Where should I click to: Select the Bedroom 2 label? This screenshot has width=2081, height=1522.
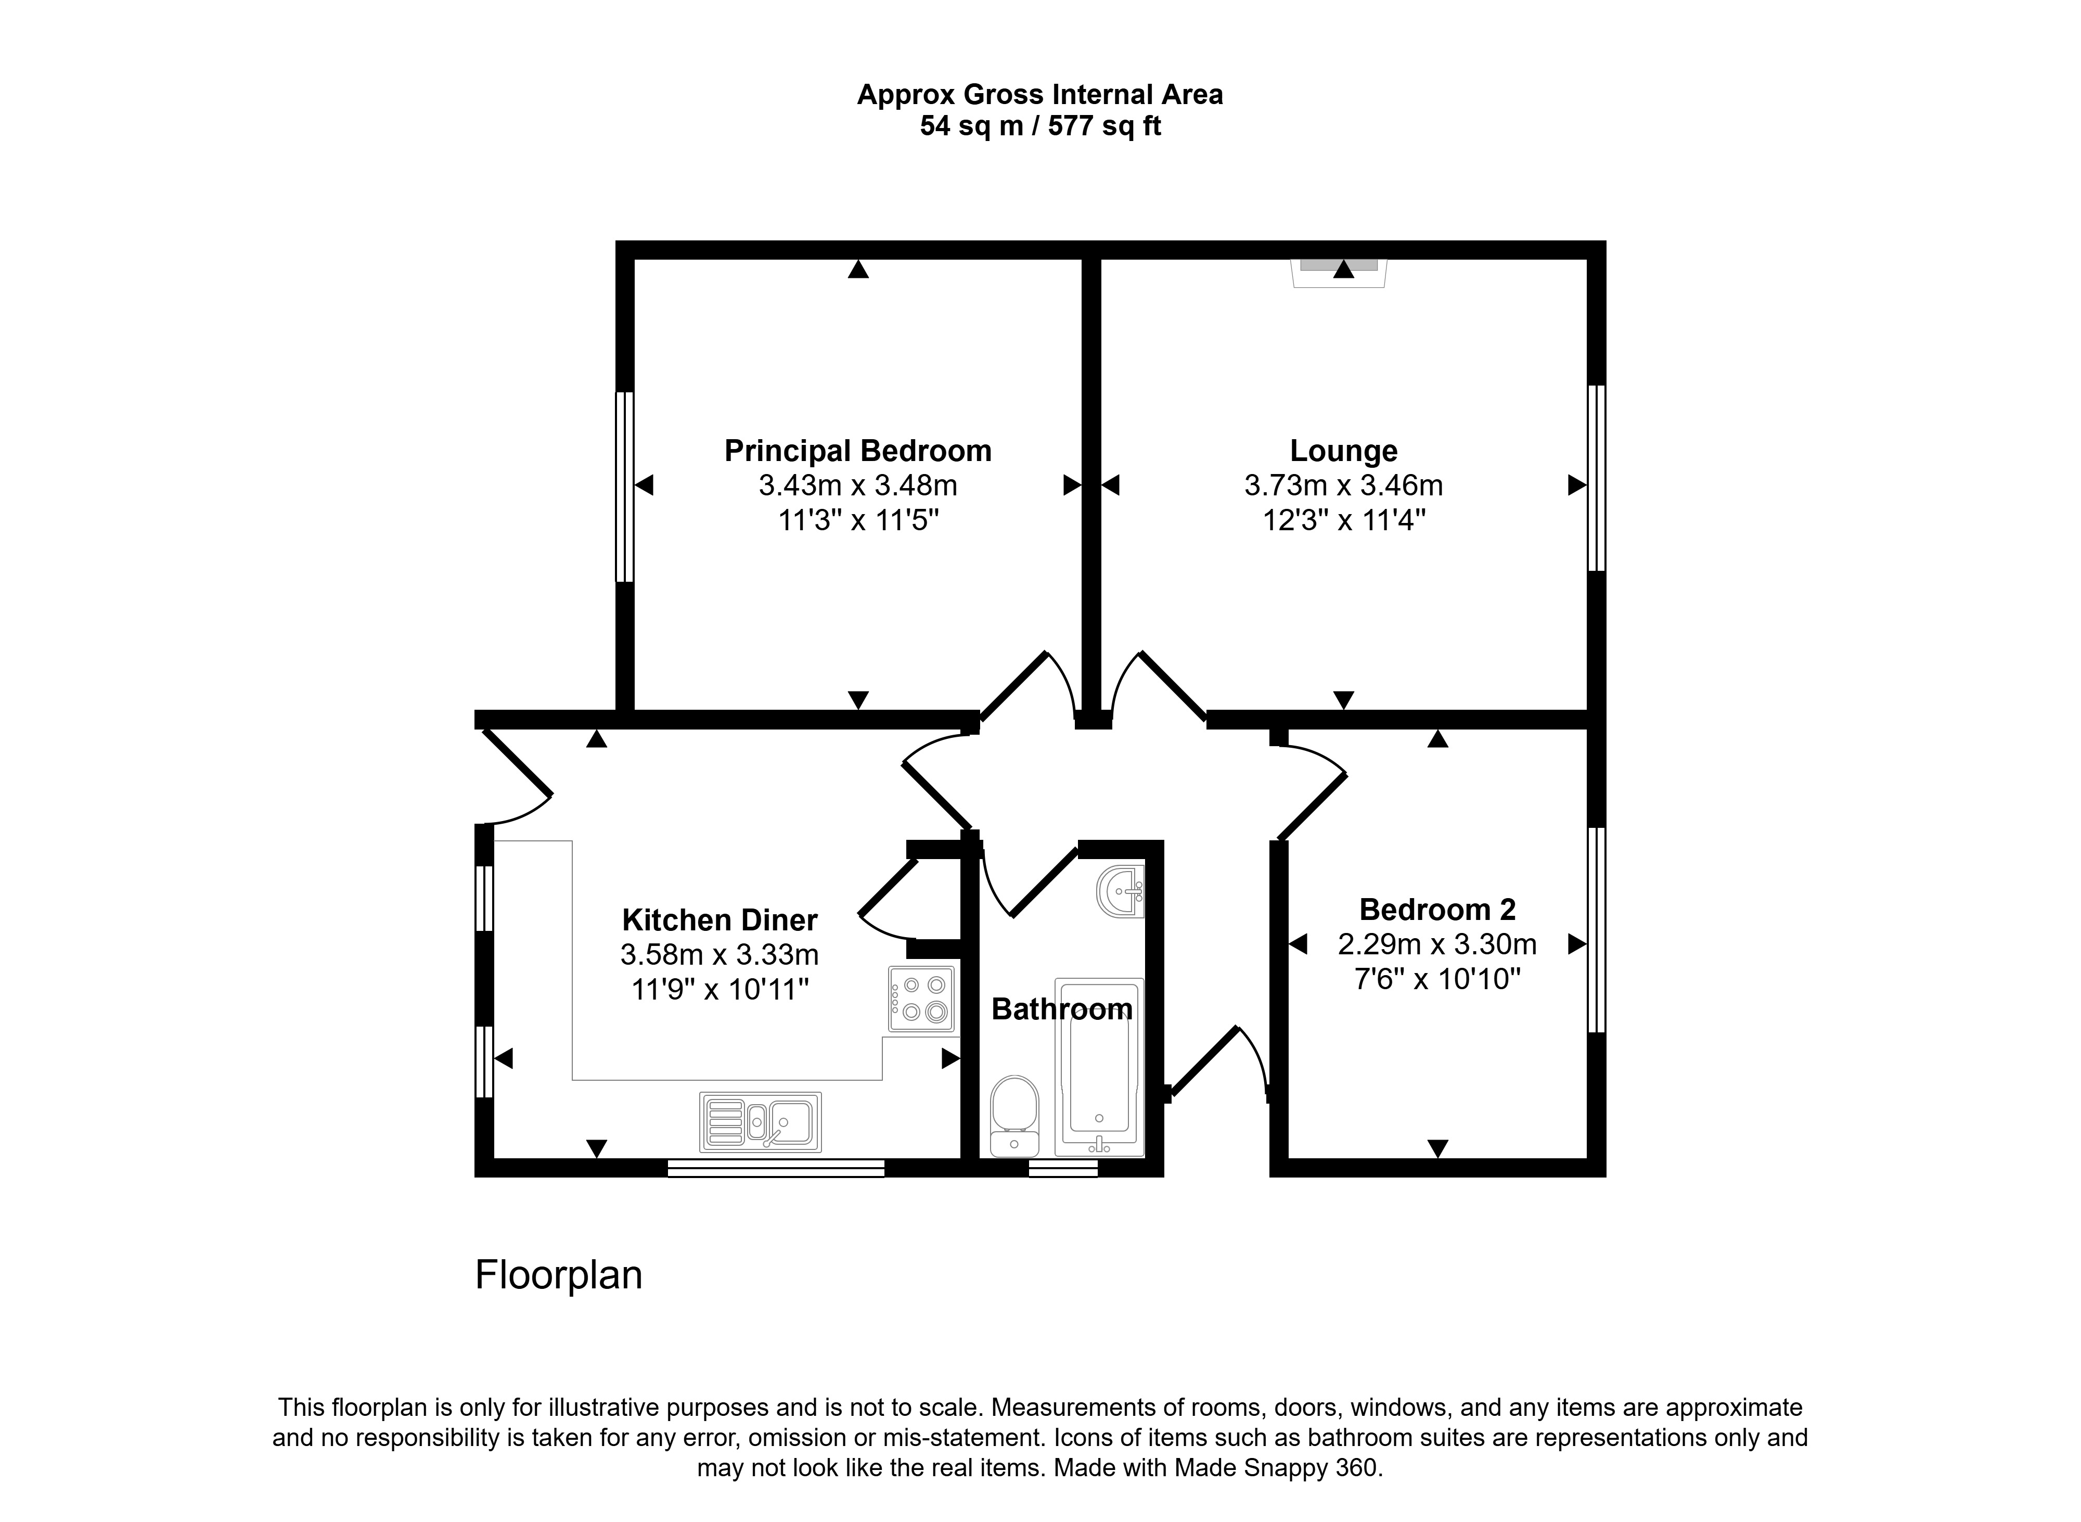tap(1437, 910)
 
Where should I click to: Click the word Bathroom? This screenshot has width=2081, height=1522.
tap(1061, 1009)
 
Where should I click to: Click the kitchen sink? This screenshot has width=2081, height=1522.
tap(760, 1122)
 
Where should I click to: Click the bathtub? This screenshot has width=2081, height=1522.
tap(1099, 1067)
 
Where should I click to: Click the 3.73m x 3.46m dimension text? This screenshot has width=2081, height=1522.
tap(1343, 485)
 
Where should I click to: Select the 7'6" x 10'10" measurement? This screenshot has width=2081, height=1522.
tap(1437, 978)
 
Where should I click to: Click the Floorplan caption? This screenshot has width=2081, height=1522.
tap(558, 1275)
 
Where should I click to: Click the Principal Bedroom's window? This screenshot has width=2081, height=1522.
tap(625, 487)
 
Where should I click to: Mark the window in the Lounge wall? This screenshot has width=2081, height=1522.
tap(1597, 478)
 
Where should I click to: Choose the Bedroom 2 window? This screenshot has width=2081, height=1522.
tap(1597, 930)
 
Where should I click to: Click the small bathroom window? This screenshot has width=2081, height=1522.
tap(1063, 1168)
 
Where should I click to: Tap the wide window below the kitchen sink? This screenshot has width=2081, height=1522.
tap(776, 1168)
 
